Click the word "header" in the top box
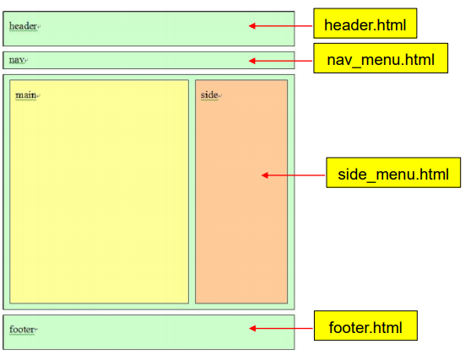tap(23, 26)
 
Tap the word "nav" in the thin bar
tap(17, 60)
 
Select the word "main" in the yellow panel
tap(25, 94)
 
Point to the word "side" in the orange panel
tap(208, 94)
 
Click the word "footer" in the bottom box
tap(22, 329)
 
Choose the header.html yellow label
tap(365, 26)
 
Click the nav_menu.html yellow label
tap(380, 60)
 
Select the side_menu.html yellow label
tap(392, 175)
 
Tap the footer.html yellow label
tap(365, 325)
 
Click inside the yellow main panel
tap(99, 202)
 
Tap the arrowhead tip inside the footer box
tap(251, 329)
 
